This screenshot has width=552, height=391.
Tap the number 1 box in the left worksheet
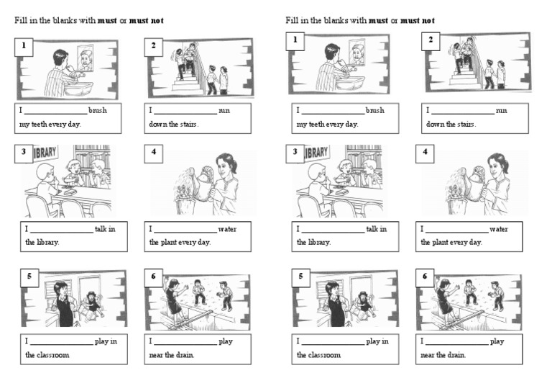24,46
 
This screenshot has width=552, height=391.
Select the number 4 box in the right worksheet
425,153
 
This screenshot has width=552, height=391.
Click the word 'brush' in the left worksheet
98,111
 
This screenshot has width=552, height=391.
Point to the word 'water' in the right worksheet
498,229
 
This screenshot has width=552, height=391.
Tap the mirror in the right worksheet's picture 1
357,53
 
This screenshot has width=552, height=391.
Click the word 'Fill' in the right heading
291,20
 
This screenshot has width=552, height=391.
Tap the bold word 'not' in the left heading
156,20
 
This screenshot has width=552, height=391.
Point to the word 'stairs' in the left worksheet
186,124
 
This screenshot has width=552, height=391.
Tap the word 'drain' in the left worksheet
185,354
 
